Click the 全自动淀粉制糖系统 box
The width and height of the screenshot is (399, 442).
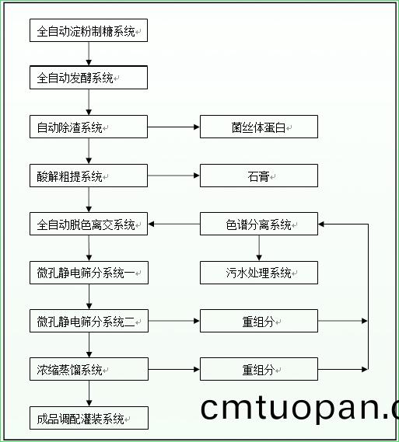click(x=88, y=31)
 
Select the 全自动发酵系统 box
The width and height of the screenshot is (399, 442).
click(x=88, y=78)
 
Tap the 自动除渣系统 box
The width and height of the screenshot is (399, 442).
click(x=88, y=127)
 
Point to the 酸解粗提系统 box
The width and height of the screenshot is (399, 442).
click(x=88, y=176)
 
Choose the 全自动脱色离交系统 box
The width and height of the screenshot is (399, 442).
click(x=88, y=224)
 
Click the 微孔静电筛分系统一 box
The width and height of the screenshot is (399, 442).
click(x=88, y=273)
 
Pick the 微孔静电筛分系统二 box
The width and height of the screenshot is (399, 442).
click(x=88, y=321)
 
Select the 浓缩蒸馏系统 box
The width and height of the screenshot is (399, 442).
click(x=88, y=369)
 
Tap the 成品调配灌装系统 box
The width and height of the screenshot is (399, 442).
click(x=88, y=418)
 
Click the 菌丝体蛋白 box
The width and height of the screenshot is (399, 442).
click(x=258, y=127)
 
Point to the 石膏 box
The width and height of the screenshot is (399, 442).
click(x=258, y=176)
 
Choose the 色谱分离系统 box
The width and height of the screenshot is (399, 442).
click(x=258, y=224)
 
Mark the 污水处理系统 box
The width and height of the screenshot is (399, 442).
click(x=258, y=273)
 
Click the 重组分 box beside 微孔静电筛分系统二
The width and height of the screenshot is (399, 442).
click(x=258, y=321)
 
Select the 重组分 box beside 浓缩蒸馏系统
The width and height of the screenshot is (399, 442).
click(x=258, y=369)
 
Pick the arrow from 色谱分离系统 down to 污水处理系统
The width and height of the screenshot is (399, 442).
click(x=259, y=249)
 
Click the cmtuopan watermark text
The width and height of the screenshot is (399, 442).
click(x=299, y=408)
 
